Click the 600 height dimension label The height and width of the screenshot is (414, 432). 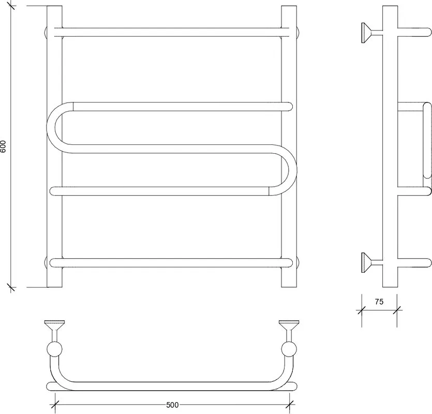tap(3, 146)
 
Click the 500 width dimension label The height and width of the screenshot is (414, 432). tap(172, 405)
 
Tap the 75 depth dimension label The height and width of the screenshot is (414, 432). tap(379, 302)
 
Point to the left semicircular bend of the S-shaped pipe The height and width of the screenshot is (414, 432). tap(51, 127)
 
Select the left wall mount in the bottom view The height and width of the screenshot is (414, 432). tap(54, 331)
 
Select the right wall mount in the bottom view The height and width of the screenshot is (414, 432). tap(289, 331)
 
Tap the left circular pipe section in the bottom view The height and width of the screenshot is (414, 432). tap(54, 349)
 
